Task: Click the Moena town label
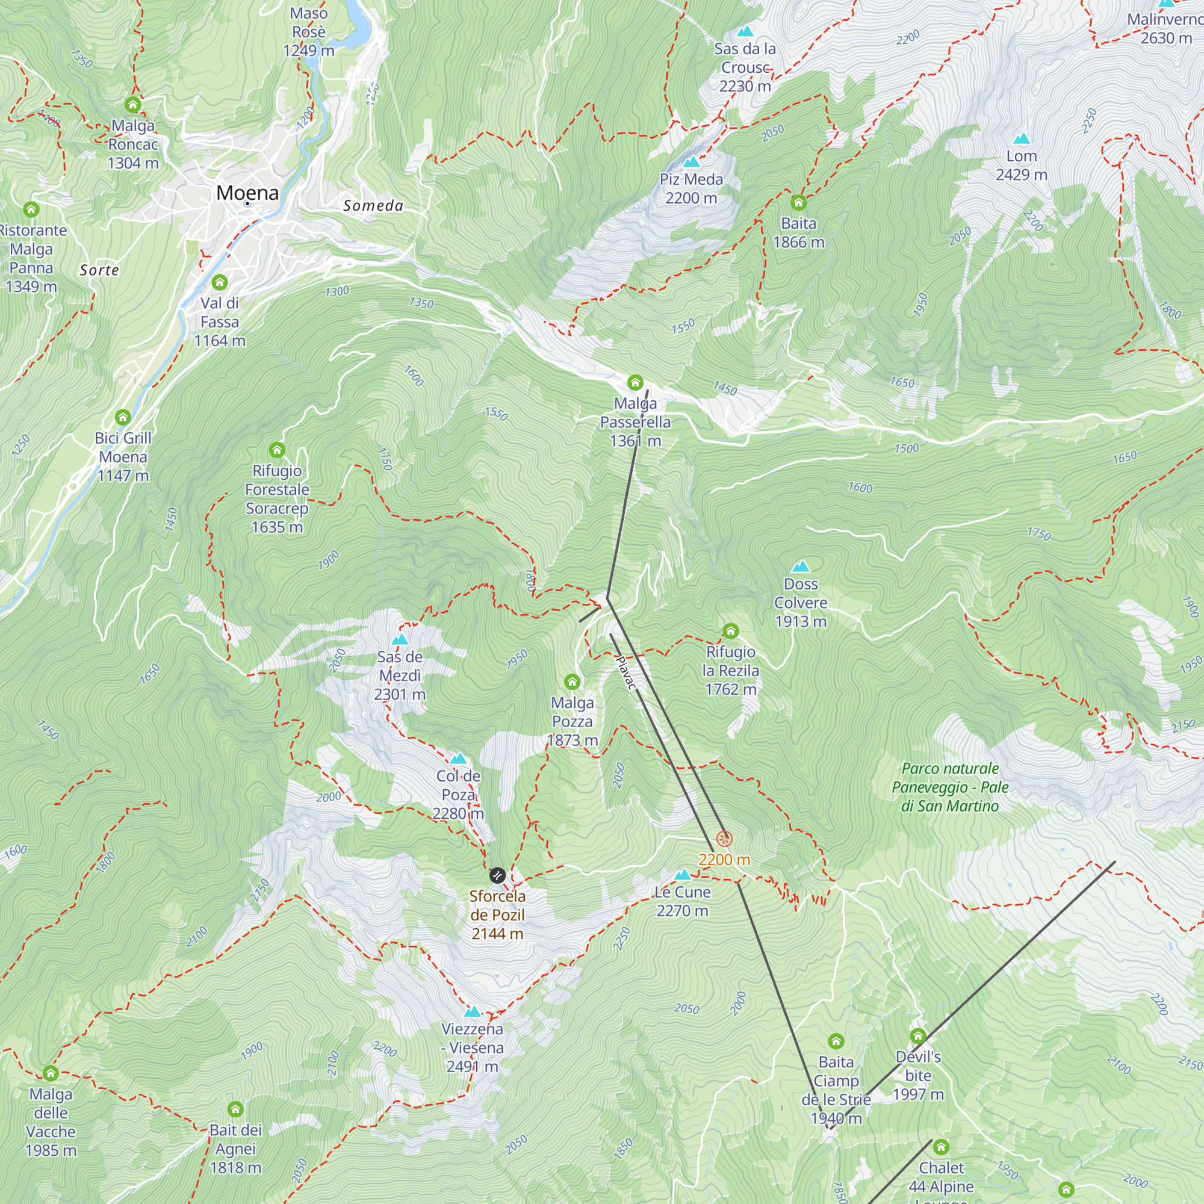(x=247, y=193)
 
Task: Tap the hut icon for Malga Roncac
(x=132, y=104)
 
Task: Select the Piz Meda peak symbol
(x=691, y=162)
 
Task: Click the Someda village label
(x=373, y=206)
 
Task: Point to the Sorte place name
(x=100, y=270)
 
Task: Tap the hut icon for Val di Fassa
(x=219, y=282)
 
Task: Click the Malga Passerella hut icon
(x=635, y=382)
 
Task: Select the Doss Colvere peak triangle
(x=801, y=566)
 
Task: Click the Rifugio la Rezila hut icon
(x=730, y=631)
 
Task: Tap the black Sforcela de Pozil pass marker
(x=497, y=875)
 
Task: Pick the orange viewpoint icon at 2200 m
(x=724, y=839)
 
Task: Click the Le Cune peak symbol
(x=683, y=874)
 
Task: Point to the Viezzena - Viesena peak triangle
(x=473, y=1011)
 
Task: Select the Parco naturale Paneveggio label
(x=950, y=787)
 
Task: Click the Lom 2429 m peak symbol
(x=1022, y=138)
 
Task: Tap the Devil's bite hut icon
(x=918, y=1035)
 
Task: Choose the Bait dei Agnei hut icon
(x=235, y=1109)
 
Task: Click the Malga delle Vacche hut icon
(x=51, y=1073)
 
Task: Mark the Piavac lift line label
(x=626, y=673)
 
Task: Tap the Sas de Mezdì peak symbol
(x=400, y=639)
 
